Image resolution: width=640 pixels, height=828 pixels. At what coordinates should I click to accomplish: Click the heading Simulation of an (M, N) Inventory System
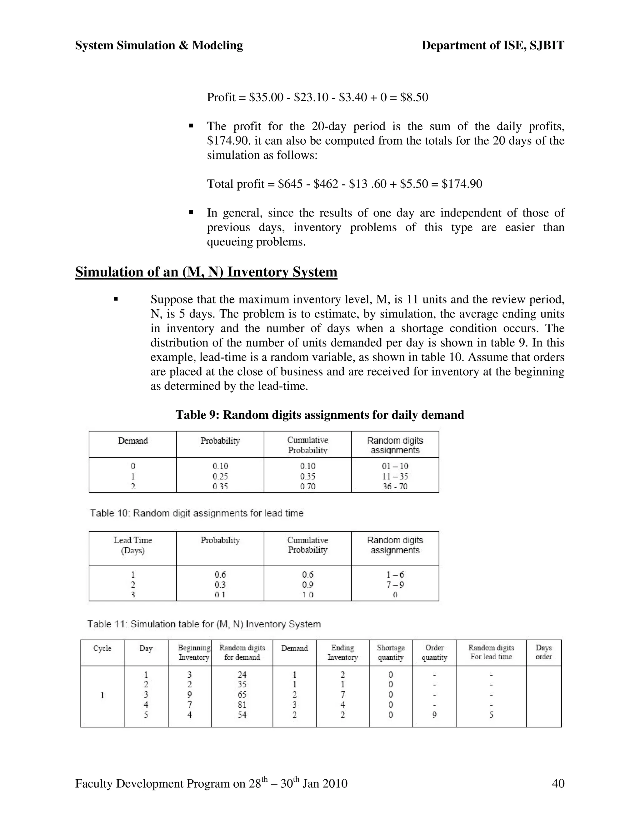206,272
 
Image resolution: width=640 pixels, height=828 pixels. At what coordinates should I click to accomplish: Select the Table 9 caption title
319,415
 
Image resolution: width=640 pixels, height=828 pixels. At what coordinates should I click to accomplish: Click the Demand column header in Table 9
133,441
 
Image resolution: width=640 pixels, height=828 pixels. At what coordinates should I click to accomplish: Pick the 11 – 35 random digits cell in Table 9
395,476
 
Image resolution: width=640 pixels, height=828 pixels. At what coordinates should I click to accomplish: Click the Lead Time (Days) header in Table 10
133,545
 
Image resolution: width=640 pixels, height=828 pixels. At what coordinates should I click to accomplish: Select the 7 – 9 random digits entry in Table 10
395,585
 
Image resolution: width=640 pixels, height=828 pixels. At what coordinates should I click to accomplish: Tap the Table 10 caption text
196,513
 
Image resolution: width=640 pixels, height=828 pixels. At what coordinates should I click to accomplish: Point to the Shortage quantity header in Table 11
391,652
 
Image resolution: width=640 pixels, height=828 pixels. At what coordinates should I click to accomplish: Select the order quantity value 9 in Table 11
434,715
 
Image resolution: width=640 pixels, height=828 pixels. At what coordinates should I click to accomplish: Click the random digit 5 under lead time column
491,715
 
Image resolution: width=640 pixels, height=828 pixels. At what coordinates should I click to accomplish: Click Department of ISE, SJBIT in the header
492,46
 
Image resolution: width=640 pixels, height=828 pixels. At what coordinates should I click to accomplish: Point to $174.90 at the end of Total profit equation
462,184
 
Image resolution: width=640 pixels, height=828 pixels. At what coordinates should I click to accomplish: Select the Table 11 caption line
204,624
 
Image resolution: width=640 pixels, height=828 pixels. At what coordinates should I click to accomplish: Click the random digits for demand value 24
242,675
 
